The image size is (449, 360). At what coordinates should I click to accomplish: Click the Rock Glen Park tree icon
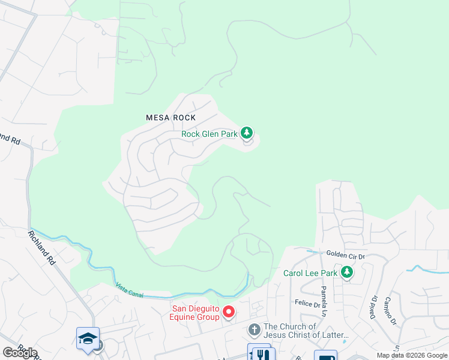point(247,132)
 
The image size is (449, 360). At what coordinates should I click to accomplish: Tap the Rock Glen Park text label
point(209,134)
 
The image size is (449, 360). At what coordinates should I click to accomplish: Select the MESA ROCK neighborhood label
point(171,118)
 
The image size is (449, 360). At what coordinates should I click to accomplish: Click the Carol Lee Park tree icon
point(346,272)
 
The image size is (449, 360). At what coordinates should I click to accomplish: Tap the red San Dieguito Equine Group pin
point(228,311)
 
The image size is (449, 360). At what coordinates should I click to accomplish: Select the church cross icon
point(254,329)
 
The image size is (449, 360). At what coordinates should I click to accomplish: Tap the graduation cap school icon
point(88,338)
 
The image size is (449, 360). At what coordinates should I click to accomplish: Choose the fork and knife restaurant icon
point(260,354)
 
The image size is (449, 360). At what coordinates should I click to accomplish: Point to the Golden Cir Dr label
point(345,255)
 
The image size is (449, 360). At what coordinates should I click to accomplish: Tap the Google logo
point(20,353)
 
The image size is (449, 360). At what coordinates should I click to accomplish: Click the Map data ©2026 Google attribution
point(412,355)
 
